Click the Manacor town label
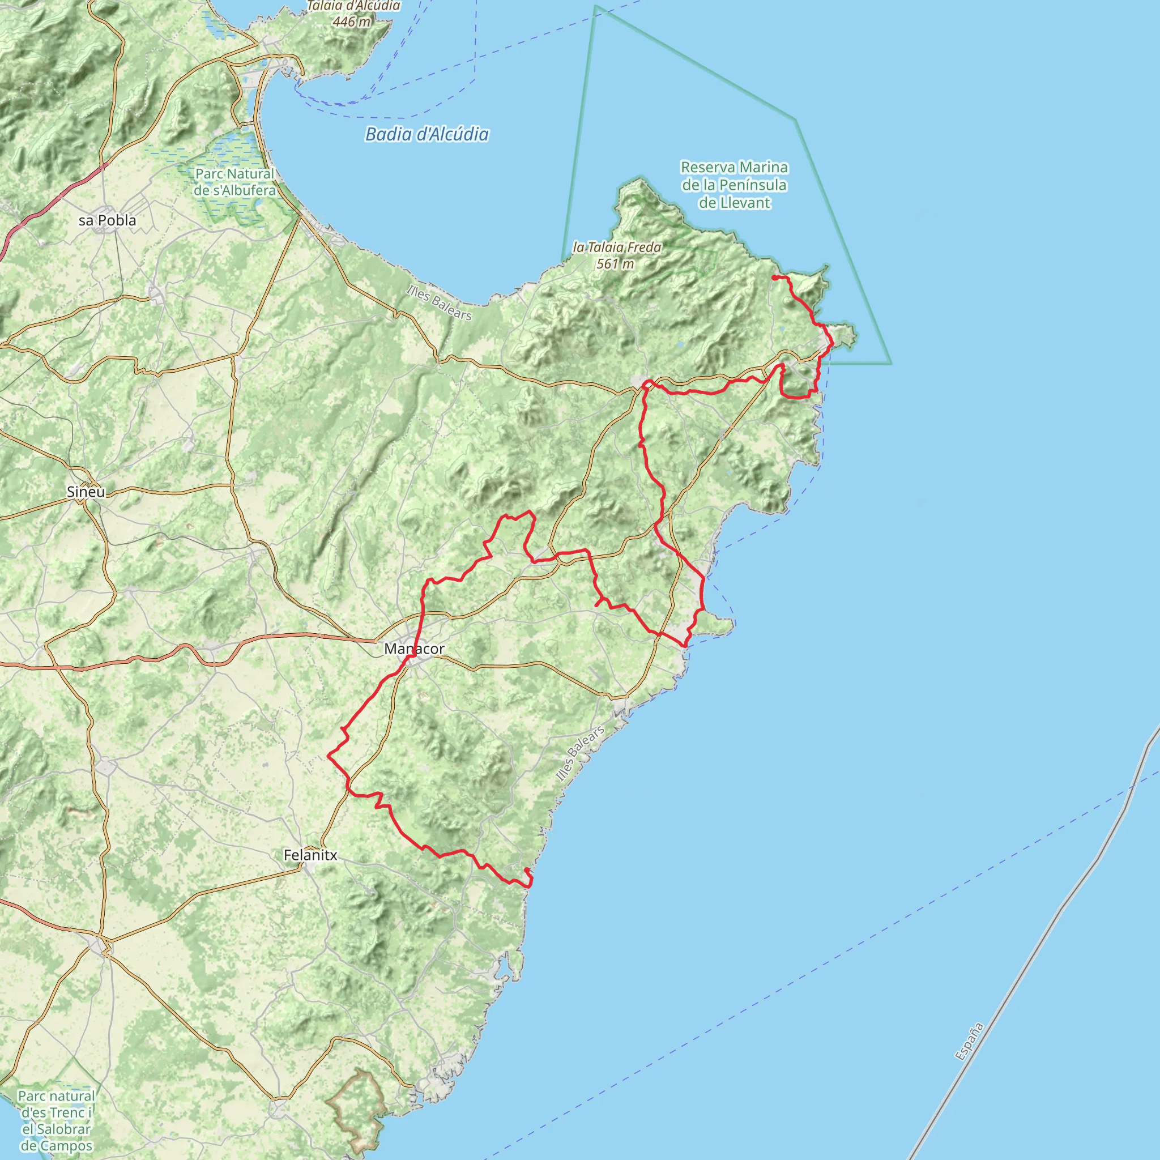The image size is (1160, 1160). tap(414, 649)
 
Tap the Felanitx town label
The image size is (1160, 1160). tap(310, 855)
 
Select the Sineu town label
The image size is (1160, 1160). tap(86, 492)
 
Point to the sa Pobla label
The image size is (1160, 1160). tap(108, 220)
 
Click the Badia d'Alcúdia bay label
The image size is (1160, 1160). tap(427, 134)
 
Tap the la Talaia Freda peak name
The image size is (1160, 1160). tap(617, 248)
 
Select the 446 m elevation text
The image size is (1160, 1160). tap(352, 22)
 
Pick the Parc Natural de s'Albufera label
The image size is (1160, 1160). tap(234, 182)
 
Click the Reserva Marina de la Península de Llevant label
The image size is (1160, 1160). tap(733, 185)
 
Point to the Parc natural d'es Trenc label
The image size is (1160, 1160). tap(57, 1120)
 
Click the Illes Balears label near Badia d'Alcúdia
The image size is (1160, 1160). tap(439, 302)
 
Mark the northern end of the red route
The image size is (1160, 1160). tap(774, 278)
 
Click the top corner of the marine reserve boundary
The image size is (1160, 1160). tap(596, 7)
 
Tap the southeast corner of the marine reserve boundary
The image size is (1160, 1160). tap(891, 363)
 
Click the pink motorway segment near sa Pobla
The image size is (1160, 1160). tap(60, 195)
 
